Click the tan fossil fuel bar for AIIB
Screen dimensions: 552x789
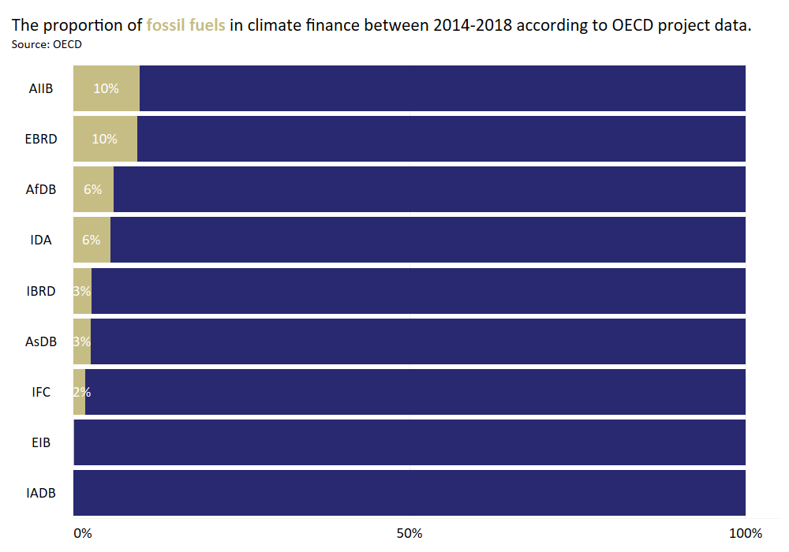[107, 88]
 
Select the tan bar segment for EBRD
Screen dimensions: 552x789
[105, 139]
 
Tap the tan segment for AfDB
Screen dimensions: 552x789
[93, 189]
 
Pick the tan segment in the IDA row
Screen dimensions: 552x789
[92, 240]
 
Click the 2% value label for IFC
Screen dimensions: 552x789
[81, 392]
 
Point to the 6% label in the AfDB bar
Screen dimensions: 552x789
[93, 189]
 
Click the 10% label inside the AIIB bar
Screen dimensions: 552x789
[106, 88]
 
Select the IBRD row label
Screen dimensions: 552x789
[41, 291]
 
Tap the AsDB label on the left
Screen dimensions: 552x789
[41, 341]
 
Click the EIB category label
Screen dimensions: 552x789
[41, 442]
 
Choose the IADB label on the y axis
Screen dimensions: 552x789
[41, 494]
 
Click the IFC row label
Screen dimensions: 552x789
[41, 392]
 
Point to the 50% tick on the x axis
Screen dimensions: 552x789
[409, 533]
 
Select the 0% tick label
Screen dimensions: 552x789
[82, 533]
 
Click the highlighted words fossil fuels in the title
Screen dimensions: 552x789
[185, 25]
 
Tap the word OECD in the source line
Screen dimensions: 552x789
[67, 44]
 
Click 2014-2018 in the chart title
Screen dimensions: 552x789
[470, 25]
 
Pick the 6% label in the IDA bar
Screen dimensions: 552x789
[91, 240]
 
